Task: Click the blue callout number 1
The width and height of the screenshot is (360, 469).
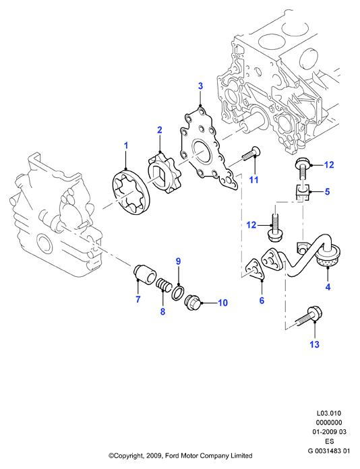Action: click(126, 146)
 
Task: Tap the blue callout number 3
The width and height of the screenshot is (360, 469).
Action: click(200, 86)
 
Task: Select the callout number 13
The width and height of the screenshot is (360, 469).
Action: click(315, 344)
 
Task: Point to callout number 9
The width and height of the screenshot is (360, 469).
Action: click(179, 261)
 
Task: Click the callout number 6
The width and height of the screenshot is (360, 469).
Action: click(262, 301)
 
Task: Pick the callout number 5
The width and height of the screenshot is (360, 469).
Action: click(328, 191)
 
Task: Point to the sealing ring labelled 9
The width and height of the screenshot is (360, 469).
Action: click(178, 292)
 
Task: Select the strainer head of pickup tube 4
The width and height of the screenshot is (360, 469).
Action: click(328, 256)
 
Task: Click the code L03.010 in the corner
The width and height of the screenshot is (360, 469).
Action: click(329, 413)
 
